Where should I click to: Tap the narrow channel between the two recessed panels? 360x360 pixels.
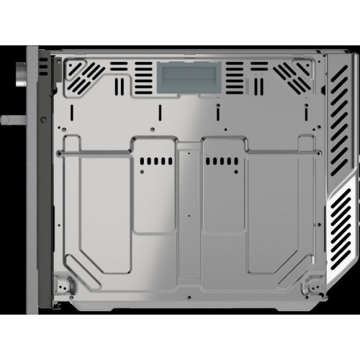[186, 187]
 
